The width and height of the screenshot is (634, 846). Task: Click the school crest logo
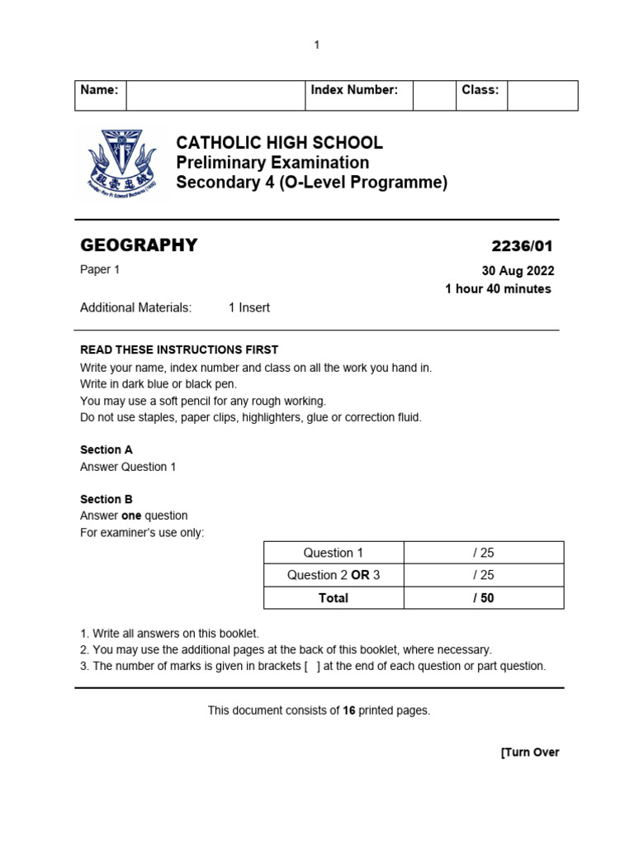[121, 161]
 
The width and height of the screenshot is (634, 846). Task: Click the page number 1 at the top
[316, 45]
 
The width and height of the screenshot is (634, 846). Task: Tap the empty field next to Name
[215, 95]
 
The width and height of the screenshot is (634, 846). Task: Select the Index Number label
[354, 90]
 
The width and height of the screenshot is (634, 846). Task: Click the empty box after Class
[542, 95]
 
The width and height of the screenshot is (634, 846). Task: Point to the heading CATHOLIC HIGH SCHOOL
[279, 143]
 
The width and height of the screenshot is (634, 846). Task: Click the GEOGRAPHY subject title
[139, 245]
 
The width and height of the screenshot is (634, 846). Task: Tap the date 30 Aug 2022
[518, 271]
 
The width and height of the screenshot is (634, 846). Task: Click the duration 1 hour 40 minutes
[498, 288]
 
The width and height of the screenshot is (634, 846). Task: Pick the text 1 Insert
[249, 307]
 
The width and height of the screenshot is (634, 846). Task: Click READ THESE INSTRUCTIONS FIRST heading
[179, 349]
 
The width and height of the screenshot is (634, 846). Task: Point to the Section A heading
[106, 449]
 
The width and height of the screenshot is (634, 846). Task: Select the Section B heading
[106, 499]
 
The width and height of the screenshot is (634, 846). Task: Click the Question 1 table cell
[333, 553]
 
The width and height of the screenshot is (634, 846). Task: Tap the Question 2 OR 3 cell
[333, 575]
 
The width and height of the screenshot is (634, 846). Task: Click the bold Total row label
[333, 597]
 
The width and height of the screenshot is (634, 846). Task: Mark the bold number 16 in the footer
[349, 711]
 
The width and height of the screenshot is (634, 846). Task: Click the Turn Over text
[530, 752]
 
